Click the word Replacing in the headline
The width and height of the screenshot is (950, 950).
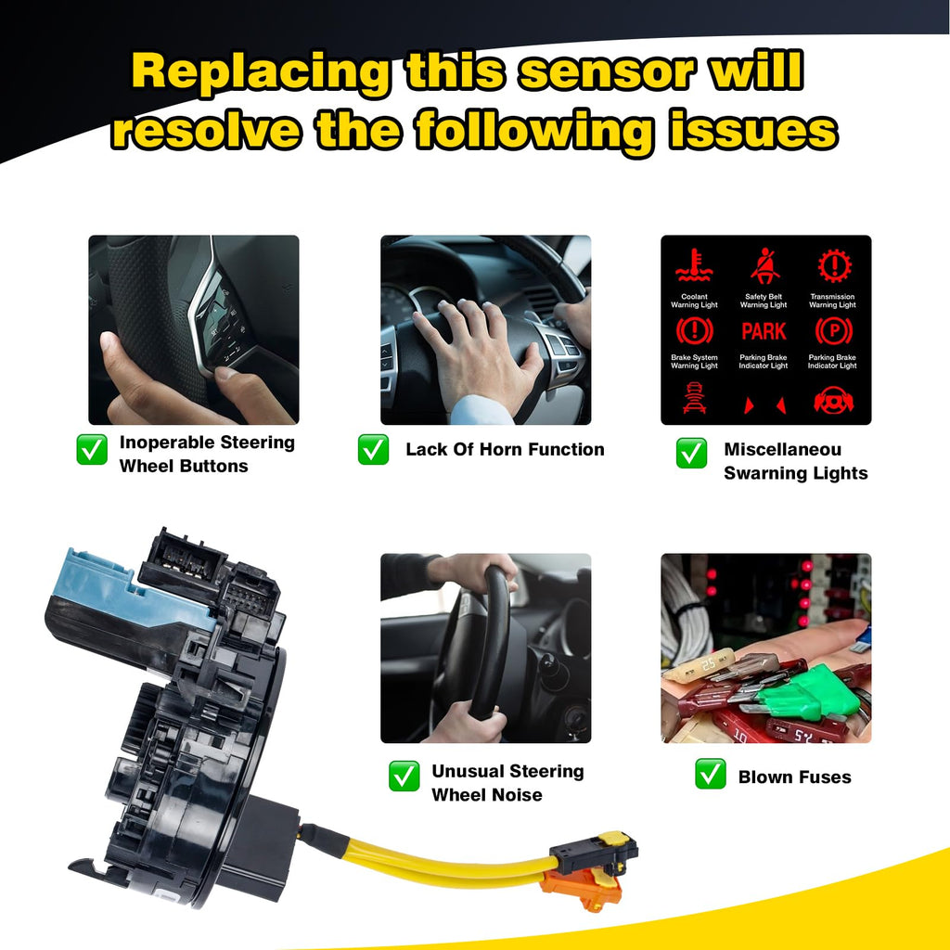[257, 72]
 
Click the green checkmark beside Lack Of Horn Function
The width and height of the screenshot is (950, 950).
[373, 450]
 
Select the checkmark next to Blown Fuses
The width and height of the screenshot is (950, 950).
[711, 775]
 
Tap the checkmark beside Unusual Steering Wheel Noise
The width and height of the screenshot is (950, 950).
[404, 776]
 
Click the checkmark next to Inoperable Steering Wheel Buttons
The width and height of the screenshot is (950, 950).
[91, 450]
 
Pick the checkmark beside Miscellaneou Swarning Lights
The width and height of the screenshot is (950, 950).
[691, 452]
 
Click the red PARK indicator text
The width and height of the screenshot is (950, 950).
[764, 331]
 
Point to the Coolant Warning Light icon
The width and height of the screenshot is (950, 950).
[694, 266]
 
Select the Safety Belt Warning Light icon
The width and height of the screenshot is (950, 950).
[764, 266]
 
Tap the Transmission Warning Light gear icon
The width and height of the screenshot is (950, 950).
[833, 266]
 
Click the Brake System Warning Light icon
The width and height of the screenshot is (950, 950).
[694, 331]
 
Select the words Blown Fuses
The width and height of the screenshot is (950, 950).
[794, 777]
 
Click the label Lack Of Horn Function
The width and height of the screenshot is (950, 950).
[505, 450]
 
